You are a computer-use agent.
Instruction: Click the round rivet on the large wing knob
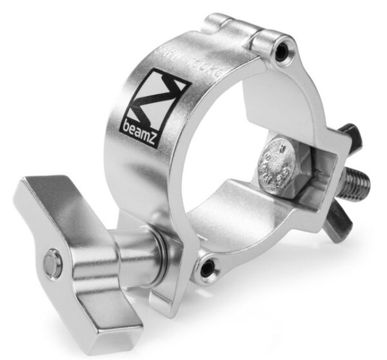pos(50,265)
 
